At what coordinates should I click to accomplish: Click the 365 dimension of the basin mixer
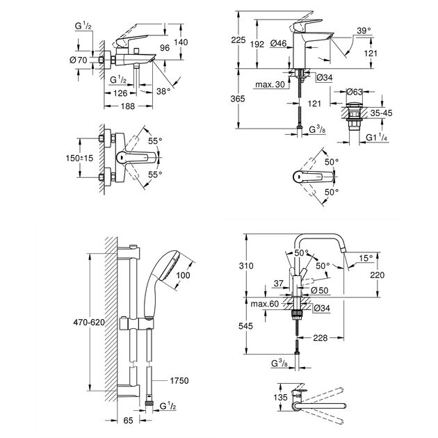(x=238, y=99)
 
